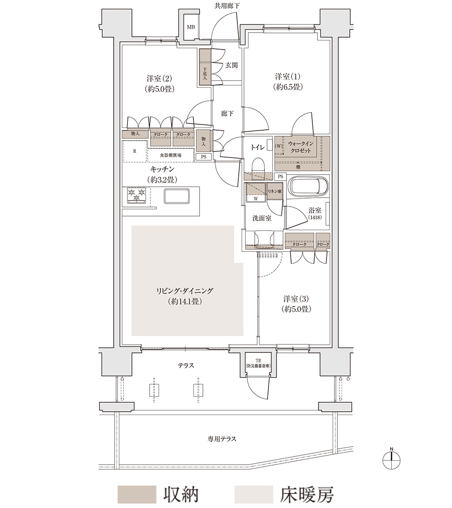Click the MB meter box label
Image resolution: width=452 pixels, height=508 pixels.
191,27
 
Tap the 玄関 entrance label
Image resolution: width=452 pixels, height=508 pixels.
231,65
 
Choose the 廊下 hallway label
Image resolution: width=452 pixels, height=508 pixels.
227,114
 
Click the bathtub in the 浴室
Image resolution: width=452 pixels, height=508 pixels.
309,186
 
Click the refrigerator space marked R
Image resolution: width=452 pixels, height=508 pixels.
135,151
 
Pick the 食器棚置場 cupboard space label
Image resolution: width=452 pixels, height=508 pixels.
171,155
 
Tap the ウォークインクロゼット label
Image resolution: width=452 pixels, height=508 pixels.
301,147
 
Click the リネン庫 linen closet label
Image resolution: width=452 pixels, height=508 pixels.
275,192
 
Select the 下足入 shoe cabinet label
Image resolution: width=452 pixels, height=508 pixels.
205,74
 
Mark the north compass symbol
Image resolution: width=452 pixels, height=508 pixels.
392,459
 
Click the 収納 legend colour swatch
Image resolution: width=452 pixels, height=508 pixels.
137,494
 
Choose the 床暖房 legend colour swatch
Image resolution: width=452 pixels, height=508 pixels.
254,494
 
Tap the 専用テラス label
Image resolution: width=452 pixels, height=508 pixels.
222,439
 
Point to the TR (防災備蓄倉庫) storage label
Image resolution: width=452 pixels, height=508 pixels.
258,363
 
